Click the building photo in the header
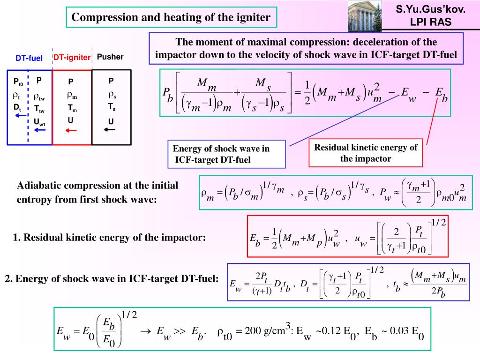pos(362,15)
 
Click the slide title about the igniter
pos(171,18)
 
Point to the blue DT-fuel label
pos(29,59)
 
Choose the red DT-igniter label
pos(72,57)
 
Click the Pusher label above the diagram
pos(111,57)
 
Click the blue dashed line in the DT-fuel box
pos(28,108)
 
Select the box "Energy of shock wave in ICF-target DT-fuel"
pos(227,154)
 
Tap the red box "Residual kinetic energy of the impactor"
pos(366,153)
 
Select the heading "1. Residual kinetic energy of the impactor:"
pos(110,237)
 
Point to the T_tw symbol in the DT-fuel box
pos(39,109)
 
